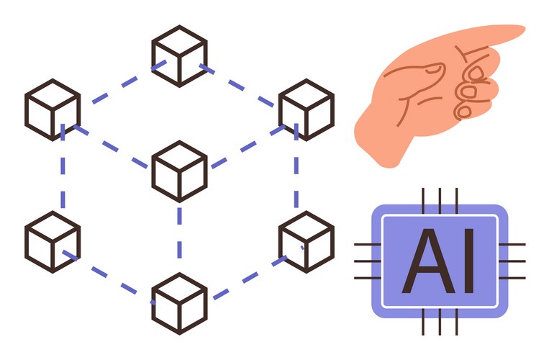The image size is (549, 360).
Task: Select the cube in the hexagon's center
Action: coord(179,171)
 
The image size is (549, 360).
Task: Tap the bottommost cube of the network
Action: coord(179,303)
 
